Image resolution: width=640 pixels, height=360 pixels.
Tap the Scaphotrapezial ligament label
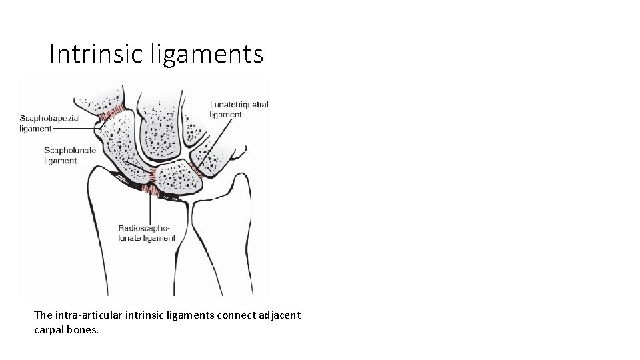pyautogui.click(x=49, y=123)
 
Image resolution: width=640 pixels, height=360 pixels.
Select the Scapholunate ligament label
pyautogui.click(x=69, y=155)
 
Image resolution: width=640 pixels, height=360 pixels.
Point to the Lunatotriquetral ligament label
pyautogui.click(x=239, y=109)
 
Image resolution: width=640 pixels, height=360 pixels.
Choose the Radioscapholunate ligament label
pyautogui.click(x=147, y=233)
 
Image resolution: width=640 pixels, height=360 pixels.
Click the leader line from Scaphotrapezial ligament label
pyautogui.click(x=77, y=129)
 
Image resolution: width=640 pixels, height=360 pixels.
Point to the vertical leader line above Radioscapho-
pyautogui.click(x=157, y=210)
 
